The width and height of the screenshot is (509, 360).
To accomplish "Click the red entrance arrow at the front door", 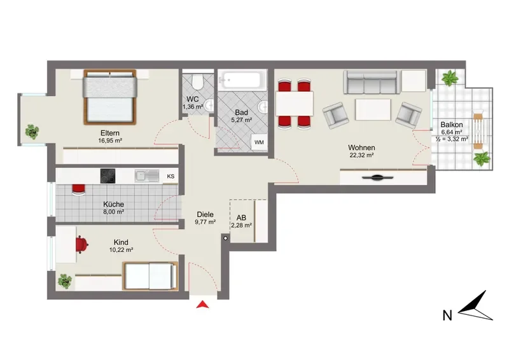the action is pos(202,305).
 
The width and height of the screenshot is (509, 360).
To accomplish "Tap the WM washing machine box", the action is pos(259,142).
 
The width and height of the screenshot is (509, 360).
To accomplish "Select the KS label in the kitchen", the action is pos(171,176).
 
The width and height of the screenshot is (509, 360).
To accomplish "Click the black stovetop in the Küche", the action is pos(108,176).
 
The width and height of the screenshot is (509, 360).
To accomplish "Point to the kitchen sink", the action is pos(147,176).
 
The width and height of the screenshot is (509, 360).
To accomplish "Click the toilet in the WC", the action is pos(197,81).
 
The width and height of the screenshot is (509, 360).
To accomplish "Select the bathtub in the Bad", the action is pos(242,80).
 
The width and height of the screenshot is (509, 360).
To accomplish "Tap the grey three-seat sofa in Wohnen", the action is pos(370,83).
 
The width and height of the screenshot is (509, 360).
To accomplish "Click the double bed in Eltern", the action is pos(109,97).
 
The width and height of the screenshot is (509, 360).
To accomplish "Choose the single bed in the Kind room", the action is pos(150,276).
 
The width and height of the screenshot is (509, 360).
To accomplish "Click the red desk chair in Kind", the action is pos(82,244).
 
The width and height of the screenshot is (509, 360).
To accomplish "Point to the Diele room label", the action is pos(205,214).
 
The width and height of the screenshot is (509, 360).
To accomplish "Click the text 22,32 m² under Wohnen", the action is pos(361,155).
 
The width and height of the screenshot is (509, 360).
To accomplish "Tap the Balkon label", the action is pos(452,125).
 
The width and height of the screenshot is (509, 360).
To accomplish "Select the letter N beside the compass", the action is pos(447,315).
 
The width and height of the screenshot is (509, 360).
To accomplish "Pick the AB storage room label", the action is pos(241,218).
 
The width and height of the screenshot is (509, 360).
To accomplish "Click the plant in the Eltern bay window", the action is pos(32,132).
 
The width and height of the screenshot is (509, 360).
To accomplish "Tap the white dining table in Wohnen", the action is pos(295,104).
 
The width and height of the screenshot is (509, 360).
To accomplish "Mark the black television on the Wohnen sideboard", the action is pos(377,177).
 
